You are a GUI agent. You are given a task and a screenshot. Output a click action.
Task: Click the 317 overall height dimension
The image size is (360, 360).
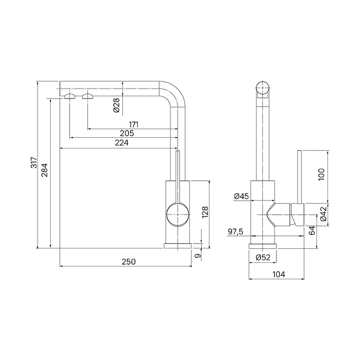tap(34, 162)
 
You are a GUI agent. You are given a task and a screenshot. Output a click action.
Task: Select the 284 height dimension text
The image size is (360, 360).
tap(44, 170)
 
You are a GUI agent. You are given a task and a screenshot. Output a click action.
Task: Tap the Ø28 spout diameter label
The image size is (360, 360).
tap(117, 105)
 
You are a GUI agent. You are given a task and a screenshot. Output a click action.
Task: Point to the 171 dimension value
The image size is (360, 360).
tap(134, 125)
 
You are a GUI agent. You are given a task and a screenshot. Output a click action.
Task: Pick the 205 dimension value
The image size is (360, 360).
tap(127, 133)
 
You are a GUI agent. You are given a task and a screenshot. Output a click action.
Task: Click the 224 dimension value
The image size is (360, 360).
tap(121, 143)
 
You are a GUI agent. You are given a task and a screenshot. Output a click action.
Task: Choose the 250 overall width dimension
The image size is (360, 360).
tap(129, 262)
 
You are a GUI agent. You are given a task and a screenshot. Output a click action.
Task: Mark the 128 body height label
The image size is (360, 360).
tap(205, 212)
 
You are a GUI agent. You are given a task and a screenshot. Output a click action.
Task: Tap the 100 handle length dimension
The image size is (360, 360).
tap(321, 174)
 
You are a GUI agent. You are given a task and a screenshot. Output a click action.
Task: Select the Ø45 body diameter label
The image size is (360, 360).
tap(241, 196)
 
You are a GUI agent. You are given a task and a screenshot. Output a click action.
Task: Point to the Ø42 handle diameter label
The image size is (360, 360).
tap(324, 214)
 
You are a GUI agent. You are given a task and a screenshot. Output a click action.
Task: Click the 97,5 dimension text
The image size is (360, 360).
tap(235, 232)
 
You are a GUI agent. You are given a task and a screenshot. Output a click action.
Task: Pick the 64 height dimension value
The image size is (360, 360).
tap(312, 231)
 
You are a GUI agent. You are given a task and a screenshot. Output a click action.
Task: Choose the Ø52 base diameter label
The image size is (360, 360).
tap(263, 257)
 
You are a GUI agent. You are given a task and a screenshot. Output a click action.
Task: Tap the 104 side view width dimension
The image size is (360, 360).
tap(279, 274)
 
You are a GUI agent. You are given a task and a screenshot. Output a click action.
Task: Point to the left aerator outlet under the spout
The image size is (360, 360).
tap(70, 96)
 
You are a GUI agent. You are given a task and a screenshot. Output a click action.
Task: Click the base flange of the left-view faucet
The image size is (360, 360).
tap(178, 246)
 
